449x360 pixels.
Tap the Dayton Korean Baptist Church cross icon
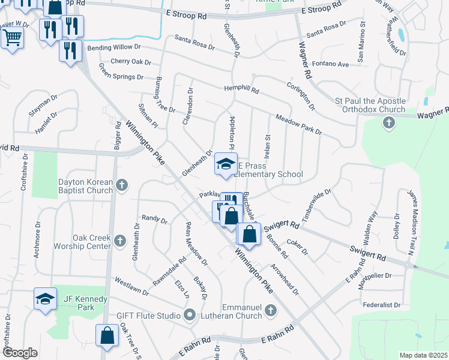point(122,186)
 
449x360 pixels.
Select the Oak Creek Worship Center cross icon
point(119,242)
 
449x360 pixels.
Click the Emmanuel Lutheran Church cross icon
point(271,310)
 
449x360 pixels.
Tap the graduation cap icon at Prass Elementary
point(226,164)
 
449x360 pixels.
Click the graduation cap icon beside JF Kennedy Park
point(45,299)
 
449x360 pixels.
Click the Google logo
point(20,353)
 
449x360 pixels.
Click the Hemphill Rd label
point(241,90)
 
